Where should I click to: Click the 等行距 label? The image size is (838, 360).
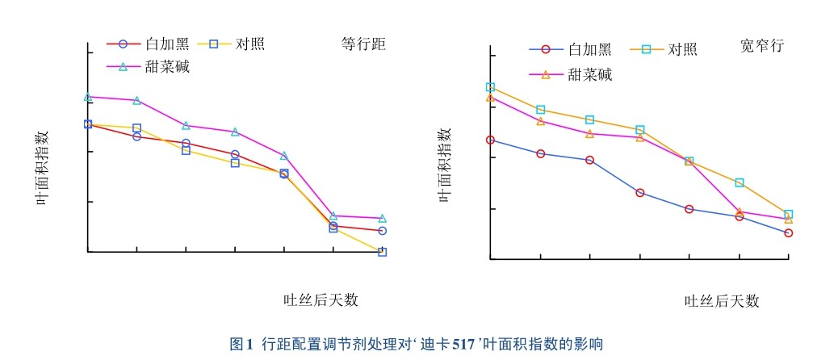363,44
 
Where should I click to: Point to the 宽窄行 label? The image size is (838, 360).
761,46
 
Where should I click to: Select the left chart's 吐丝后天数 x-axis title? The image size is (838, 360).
321,299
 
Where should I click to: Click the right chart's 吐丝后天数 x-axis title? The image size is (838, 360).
723,301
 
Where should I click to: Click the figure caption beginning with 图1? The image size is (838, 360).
417,344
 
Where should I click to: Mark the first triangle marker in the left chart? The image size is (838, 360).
88,98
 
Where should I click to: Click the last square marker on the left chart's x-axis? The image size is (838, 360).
382,252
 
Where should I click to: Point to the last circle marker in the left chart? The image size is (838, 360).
382,231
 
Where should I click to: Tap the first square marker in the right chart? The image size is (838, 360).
490,87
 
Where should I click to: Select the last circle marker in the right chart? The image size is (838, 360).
788,233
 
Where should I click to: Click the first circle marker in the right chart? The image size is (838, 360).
490,140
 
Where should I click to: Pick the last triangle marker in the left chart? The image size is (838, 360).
382,219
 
